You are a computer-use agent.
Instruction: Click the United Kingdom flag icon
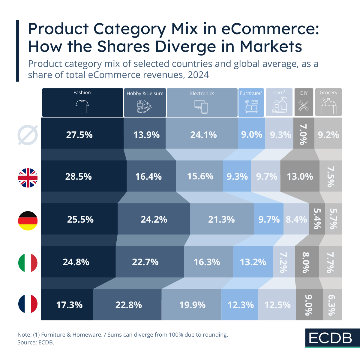click(x=28, y=178)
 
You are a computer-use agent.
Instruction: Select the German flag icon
click(x=28, y=221)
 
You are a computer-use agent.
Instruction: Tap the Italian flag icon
click(x=28, y=263)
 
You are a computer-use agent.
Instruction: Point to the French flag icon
click(x=28, y=304)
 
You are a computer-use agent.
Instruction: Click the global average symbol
click(x=28, y=135)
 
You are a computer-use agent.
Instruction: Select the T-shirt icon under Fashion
click(x=82, y=106)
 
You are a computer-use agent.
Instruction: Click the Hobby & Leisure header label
click(x=145, y=93)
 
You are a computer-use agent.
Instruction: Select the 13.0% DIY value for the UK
click(x=300, y=176)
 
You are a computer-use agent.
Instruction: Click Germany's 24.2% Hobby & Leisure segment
click(x=154, y=219)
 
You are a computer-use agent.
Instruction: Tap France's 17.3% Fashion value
click(x=69, y=305)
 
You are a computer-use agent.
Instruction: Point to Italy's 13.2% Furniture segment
click(x=253, y=262)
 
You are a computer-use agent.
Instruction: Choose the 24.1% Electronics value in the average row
click(x=203, y=135)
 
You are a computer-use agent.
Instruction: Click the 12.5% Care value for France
click(x=277, y=305)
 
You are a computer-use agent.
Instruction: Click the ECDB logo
click(x=330, y=338)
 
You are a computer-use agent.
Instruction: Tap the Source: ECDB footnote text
click(x=36, y=342)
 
